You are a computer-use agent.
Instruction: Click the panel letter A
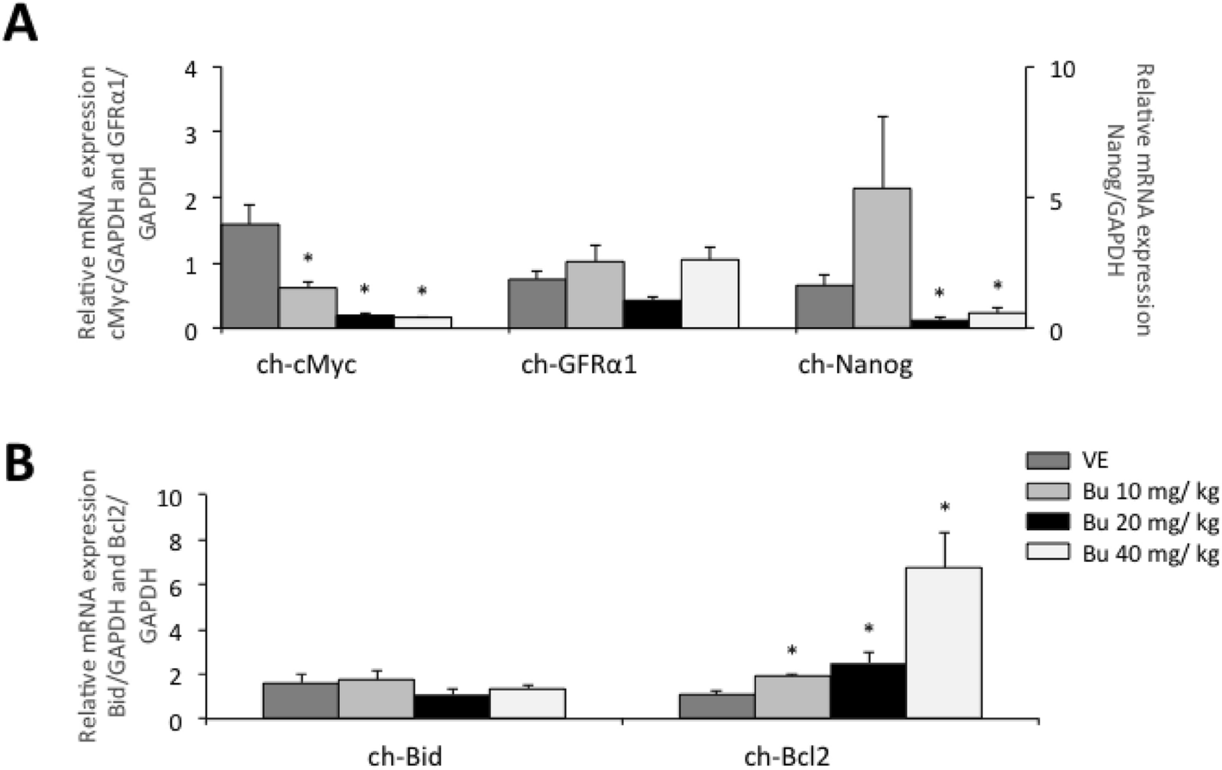coord(21,22)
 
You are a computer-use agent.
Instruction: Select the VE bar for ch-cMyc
coord(250,276)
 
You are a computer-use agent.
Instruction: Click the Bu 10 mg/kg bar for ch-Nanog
coord(881,258)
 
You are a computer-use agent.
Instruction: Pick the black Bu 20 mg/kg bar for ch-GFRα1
coord(652,314)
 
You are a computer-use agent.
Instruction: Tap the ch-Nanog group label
coord(854,365)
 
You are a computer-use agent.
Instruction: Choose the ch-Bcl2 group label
coord(787,758)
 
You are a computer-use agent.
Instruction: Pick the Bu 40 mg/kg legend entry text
coord(1151,553)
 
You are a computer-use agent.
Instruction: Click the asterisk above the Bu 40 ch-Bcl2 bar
coord(945,508)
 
